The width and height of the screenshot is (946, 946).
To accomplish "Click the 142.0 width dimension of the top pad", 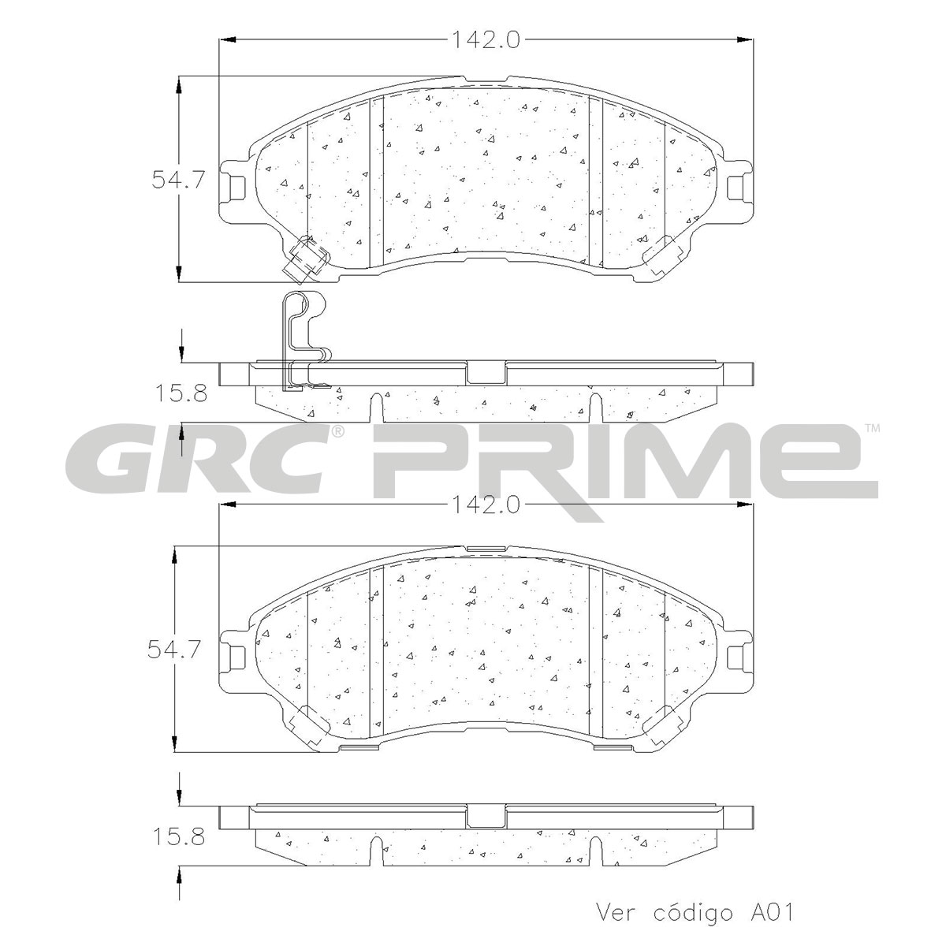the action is click(485, 39).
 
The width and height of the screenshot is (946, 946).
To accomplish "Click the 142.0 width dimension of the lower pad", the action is click(485, 505).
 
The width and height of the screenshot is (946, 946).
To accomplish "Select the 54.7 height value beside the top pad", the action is click(177, 180).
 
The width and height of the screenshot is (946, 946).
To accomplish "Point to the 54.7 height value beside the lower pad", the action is click(174, 650).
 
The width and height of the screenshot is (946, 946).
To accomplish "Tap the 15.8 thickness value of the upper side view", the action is click(181, 393).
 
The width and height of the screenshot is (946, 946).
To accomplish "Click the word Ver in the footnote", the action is click(616, 913).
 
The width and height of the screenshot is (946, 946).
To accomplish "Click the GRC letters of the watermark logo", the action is click(199, 459).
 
